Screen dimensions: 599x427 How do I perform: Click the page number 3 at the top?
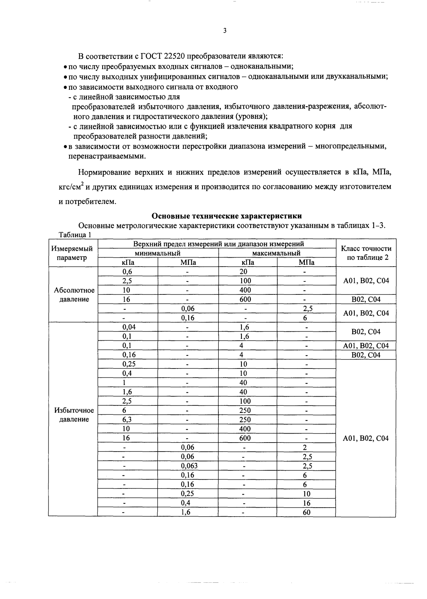point(225,31)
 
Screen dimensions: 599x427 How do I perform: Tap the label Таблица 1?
point(74,234)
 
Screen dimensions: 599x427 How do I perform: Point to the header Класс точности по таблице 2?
point(366,253)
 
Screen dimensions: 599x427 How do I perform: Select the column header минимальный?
point(158,253)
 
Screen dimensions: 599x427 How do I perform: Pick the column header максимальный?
point(276,253)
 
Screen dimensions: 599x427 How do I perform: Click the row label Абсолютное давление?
point(74,295)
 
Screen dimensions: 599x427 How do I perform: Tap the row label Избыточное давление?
point(74,415)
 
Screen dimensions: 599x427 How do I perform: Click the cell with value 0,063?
point(189,466)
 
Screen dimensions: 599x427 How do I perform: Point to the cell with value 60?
point(306,512)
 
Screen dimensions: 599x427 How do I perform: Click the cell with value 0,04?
point(128,327)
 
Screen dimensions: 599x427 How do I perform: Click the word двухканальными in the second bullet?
point(356,77)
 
